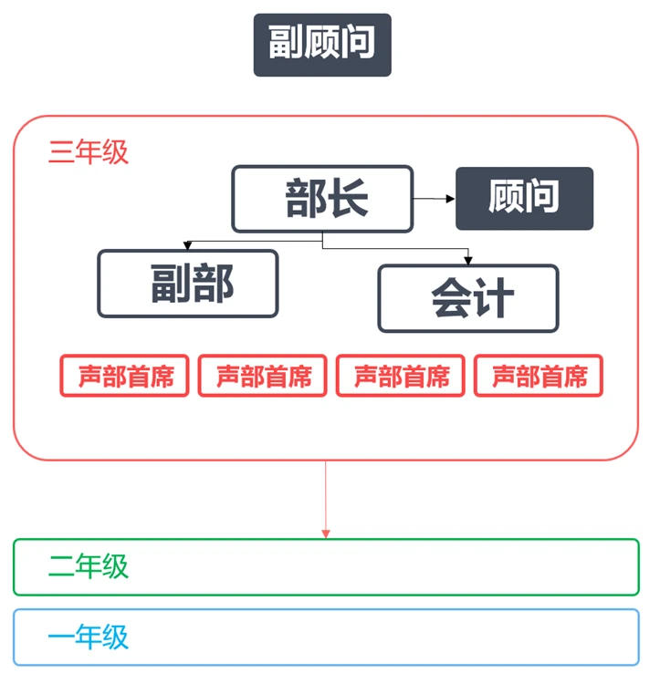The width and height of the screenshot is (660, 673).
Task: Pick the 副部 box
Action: tap(188, 284)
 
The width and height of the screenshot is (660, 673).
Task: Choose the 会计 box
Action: tap(467, 298)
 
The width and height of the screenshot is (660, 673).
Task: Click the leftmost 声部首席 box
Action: tap(124, 376)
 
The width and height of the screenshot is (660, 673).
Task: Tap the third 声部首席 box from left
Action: tap(401, 376)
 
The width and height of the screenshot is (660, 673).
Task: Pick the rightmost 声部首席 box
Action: tap(539, 376)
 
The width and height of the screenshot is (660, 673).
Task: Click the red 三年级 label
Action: tap(89, 152)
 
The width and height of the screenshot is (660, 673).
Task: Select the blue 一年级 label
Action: tap(89, 637)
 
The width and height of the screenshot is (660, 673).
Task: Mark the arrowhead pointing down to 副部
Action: tap(187, 246)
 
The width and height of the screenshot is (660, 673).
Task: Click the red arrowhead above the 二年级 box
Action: tap(326, 533)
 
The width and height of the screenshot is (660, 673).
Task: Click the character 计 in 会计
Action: tap(494, 298)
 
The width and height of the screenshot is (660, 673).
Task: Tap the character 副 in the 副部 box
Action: tap(167, 284)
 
